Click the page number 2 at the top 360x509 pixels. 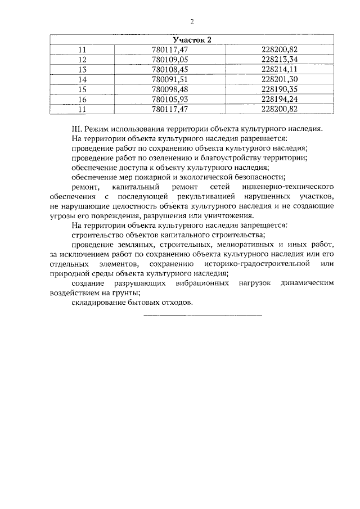(192, 22)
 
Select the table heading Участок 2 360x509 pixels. (192, 40)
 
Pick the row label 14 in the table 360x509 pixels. (83, 79)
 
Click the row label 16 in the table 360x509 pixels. (83, 99)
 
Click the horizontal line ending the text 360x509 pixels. (203, 314)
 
